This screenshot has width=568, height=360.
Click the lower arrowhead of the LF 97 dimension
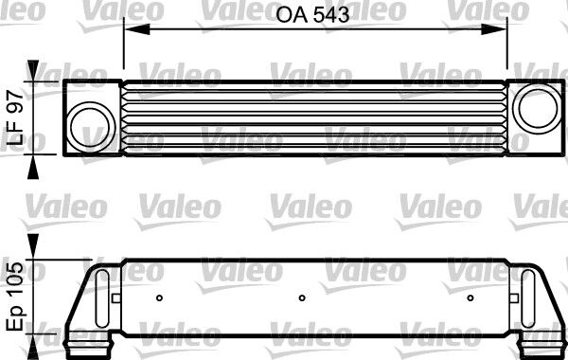35,167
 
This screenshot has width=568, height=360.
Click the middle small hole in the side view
302,298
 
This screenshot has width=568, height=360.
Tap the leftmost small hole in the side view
159,298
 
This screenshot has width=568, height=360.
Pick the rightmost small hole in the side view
470,298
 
